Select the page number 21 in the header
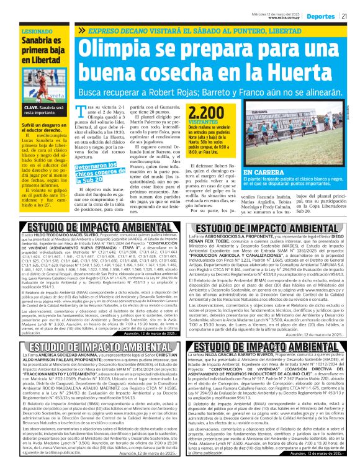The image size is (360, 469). coord(352,16)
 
